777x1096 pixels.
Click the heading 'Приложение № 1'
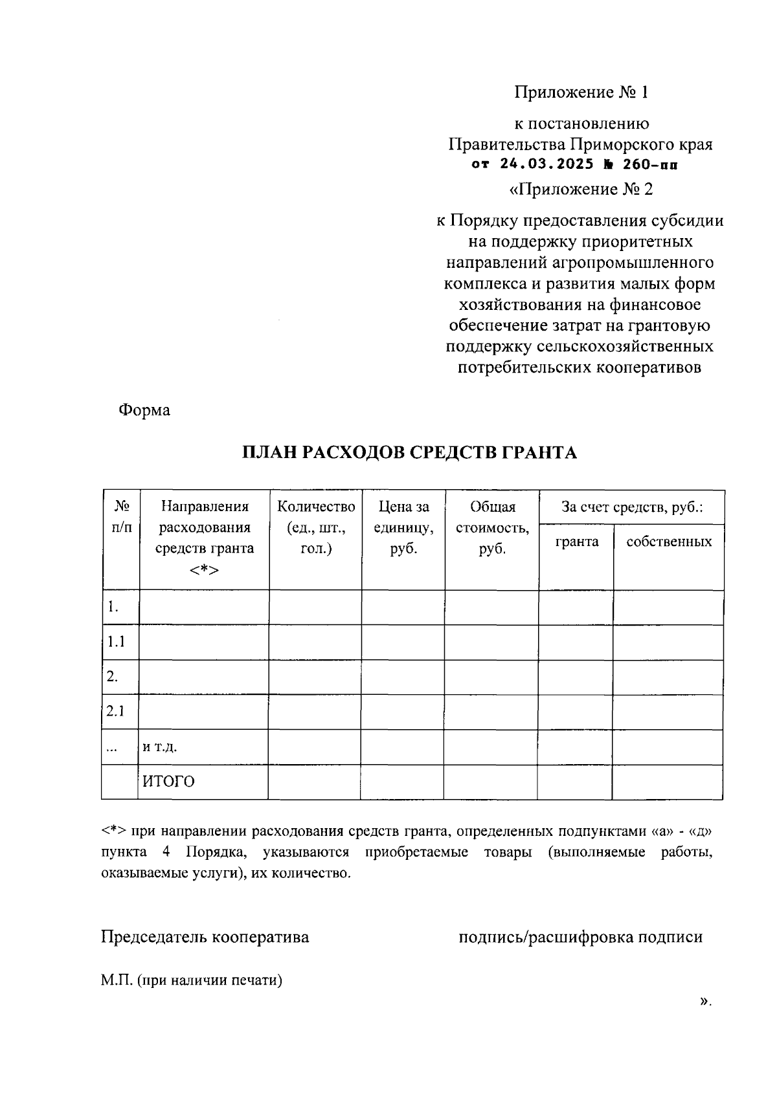coord(581,93)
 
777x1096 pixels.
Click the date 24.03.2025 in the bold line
coord(546,164)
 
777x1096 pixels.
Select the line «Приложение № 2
coord(581,189)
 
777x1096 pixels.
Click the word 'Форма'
coord(144,410)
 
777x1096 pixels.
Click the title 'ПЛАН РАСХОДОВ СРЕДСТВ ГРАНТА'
coord(409,452)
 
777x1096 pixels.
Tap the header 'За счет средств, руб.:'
coord(632,507)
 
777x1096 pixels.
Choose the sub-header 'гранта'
coord(576,542)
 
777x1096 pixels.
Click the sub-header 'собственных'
coord(669,542)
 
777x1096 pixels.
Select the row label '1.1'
coord(116,642)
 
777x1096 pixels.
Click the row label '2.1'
coord(116,712)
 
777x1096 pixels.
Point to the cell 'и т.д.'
coord(160,747)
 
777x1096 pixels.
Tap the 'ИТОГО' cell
coord(168,782)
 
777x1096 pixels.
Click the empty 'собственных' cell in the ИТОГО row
coord(668,782)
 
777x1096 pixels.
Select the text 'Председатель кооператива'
coord(205,937)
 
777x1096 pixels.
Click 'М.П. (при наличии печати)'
coord(192,980)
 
